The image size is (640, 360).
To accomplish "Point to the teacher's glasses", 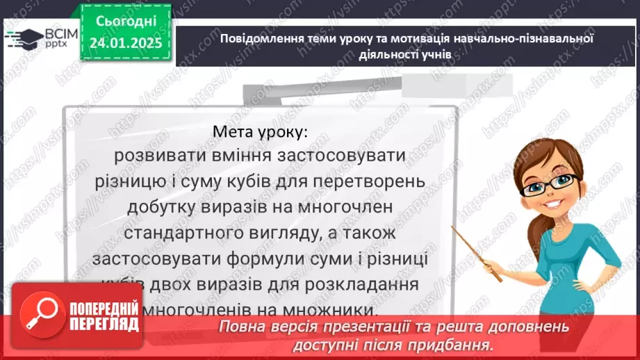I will coord(554,183).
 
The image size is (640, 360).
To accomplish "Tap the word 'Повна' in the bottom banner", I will coord(241,326).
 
